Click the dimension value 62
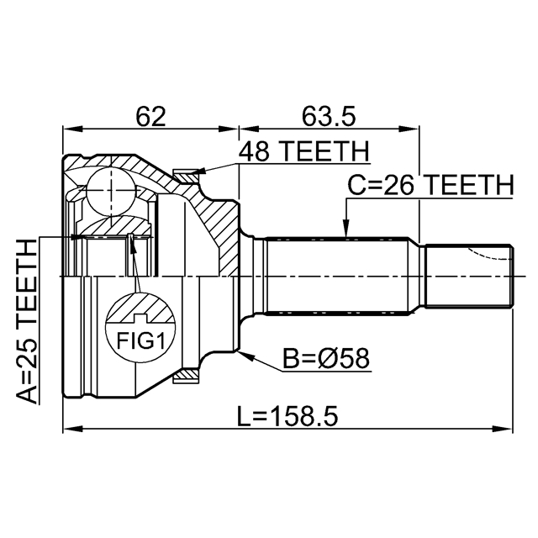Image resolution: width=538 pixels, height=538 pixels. (151, 114)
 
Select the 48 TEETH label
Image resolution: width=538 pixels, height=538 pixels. (304, 152)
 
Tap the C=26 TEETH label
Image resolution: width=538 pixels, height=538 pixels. (430, 185)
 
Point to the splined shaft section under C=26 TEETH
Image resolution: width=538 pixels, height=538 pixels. (336, 275)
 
